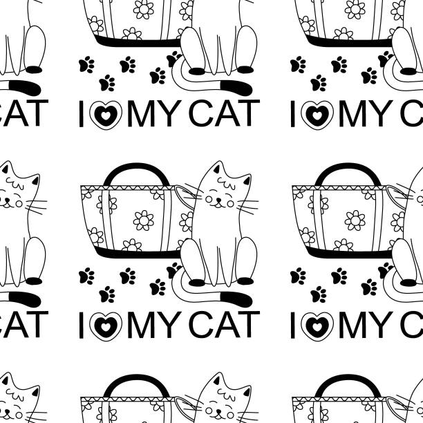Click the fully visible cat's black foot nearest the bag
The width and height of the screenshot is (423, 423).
[198, 282]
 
